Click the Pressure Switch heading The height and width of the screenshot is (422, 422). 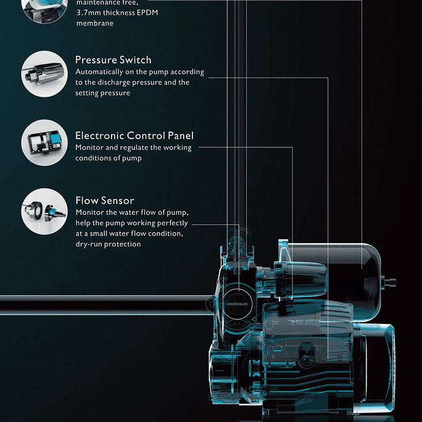click(x=113, y=60)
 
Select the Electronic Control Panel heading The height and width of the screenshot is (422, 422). click(x=134, y=136)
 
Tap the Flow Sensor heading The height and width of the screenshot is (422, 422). click(x=104, y=201)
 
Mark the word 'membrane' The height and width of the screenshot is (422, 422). click(x=95, y=23)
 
